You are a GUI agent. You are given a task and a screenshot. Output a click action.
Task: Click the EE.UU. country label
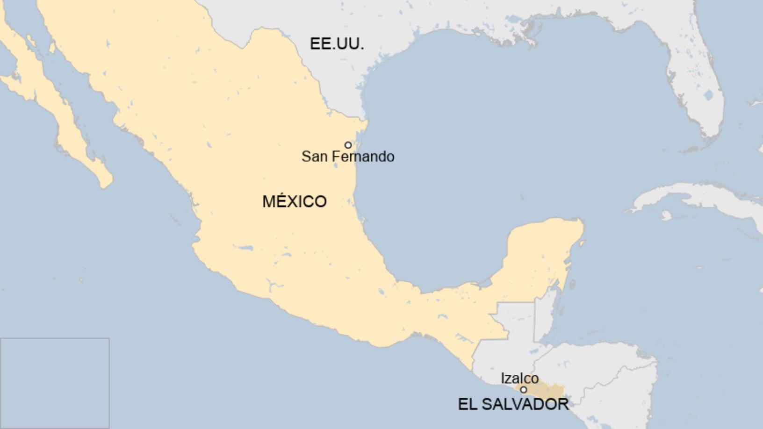point(337,43)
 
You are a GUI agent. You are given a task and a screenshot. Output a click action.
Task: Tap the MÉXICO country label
point(294,201)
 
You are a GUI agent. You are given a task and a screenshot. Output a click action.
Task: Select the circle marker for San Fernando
point(348,145)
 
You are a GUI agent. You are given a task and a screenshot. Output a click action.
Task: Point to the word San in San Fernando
point(314,157)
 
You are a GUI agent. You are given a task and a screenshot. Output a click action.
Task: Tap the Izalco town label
point(519,378)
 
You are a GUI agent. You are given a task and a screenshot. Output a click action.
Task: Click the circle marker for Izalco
point(524,390)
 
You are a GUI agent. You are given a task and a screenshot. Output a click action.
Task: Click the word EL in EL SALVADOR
point(467,404)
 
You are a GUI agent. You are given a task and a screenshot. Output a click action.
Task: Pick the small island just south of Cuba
point(666,215)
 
